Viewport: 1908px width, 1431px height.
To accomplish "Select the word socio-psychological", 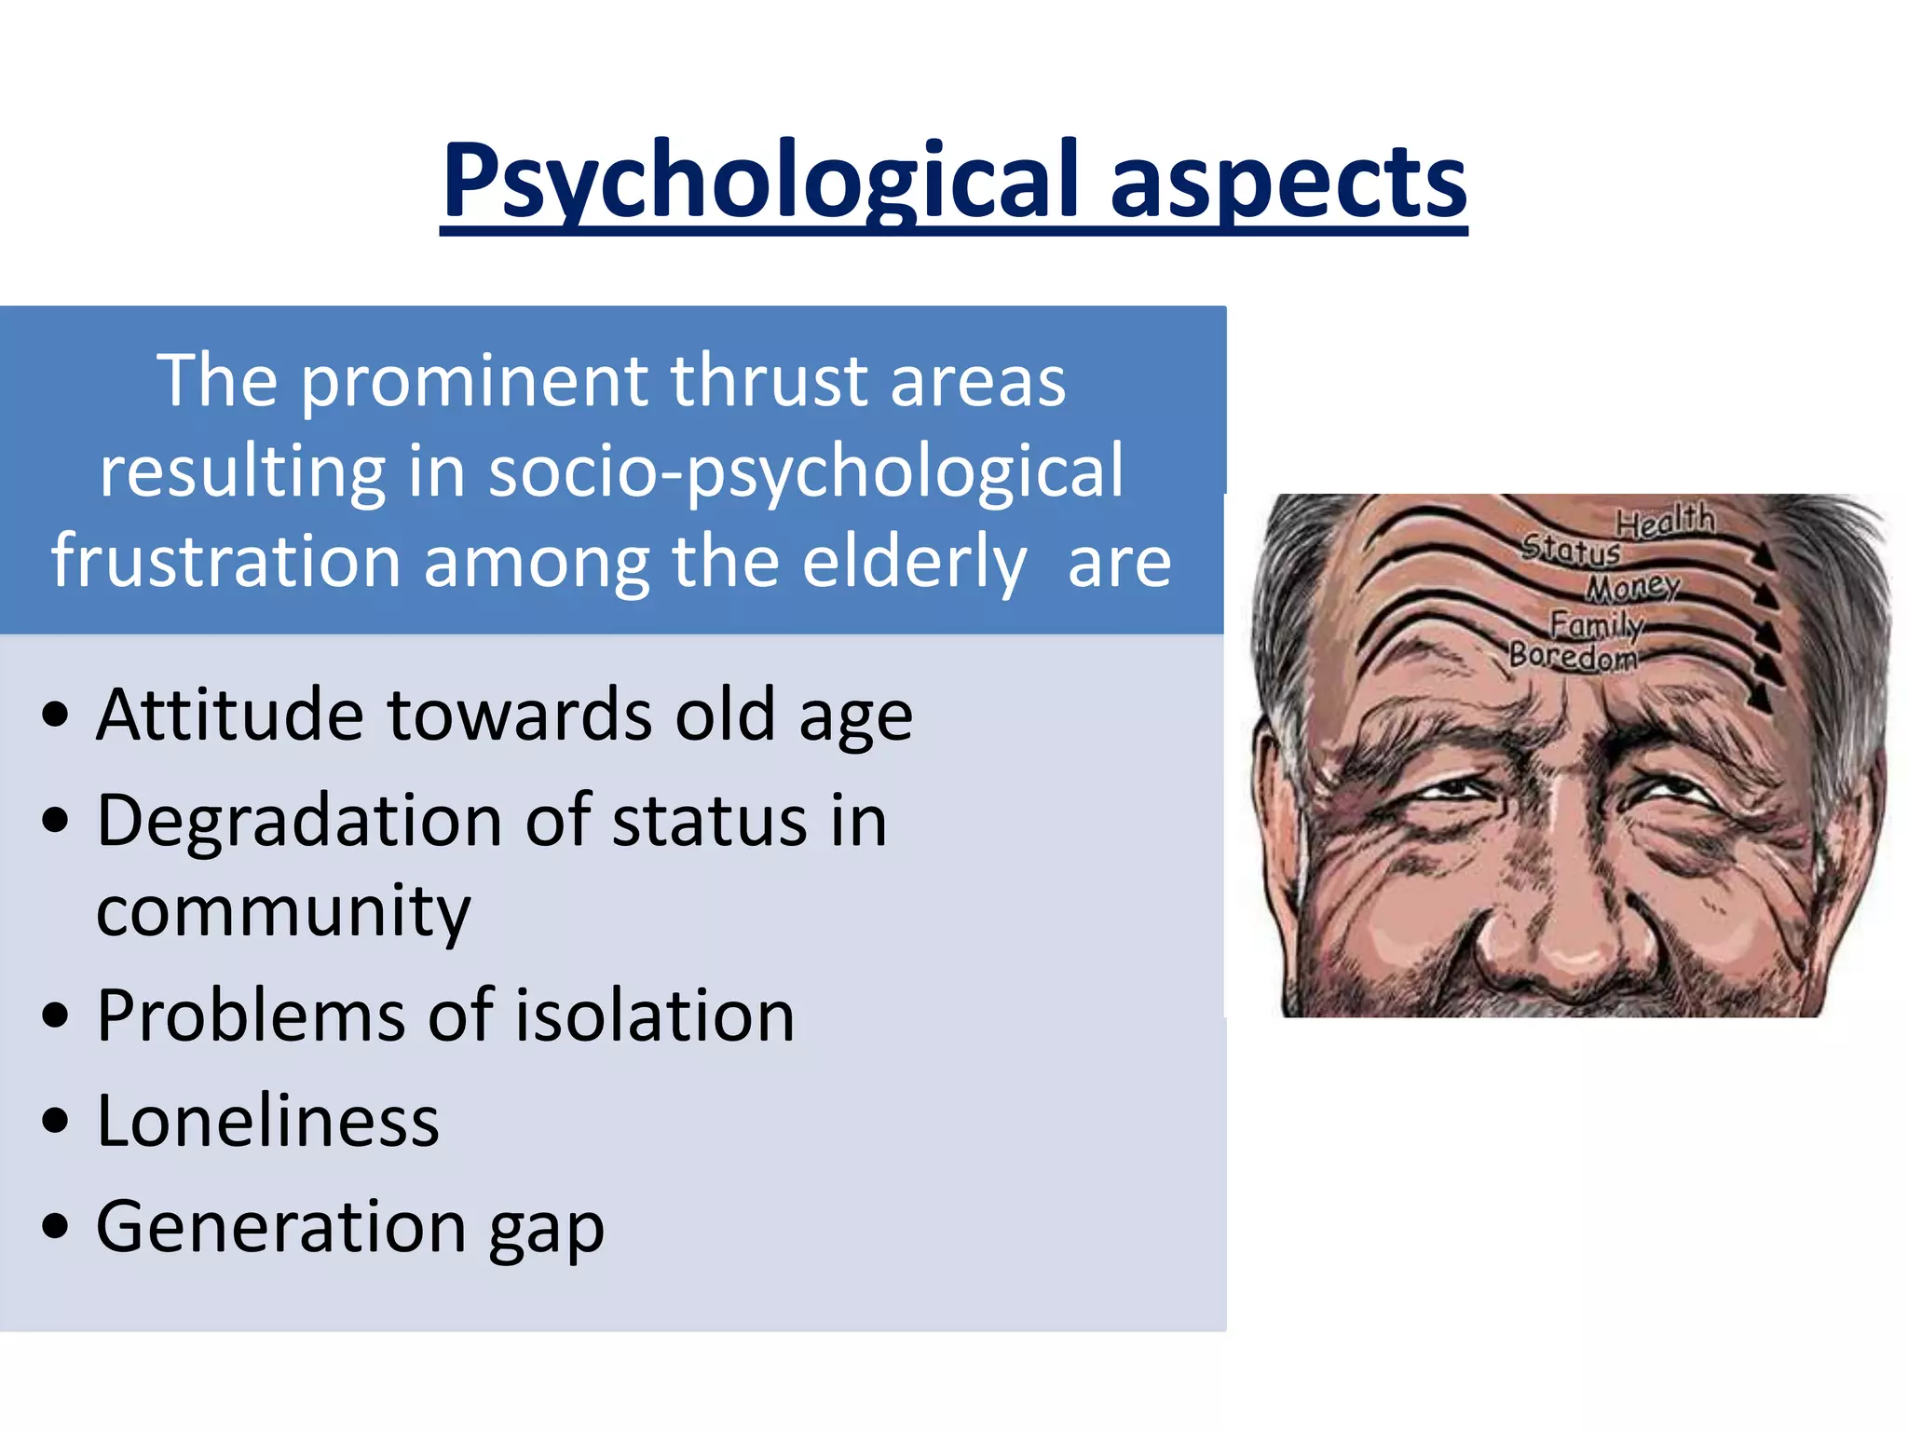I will click(x=806, y=471).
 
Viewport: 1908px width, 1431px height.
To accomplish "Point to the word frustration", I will click(x=225, y=561).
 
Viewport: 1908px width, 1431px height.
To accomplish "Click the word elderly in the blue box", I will click(x=914, y=561).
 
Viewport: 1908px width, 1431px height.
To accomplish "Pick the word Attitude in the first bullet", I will click(x=229, y=715).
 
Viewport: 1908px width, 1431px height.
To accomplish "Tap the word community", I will click(x=283, y=910).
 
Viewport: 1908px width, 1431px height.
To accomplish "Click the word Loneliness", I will click(x=267, y=1120).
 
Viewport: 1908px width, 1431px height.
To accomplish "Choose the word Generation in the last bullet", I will click(x=280, y=1226).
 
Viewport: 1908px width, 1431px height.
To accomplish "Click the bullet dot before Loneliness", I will click(x=56, y=1121).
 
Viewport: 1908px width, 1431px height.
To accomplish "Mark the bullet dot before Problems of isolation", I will click(x=56, y=1015).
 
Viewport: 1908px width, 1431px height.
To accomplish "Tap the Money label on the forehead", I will click(x=1633, y=587).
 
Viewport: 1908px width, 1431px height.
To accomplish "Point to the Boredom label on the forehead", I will click(x=1574, y=656).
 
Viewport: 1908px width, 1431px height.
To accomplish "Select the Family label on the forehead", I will click(x=1596, y=622).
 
